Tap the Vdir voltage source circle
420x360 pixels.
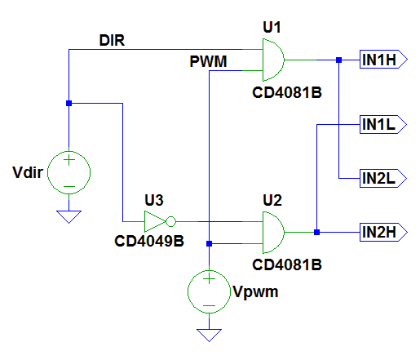click(69, 172)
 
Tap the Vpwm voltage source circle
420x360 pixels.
click(210, 291)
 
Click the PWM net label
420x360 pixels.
click(209, 61)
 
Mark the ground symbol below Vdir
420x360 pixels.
click(69, 216)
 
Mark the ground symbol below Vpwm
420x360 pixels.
click(210, 334)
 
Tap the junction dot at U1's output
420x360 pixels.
click(338, 60)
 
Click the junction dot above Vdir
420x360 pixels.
click(69, 104)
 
